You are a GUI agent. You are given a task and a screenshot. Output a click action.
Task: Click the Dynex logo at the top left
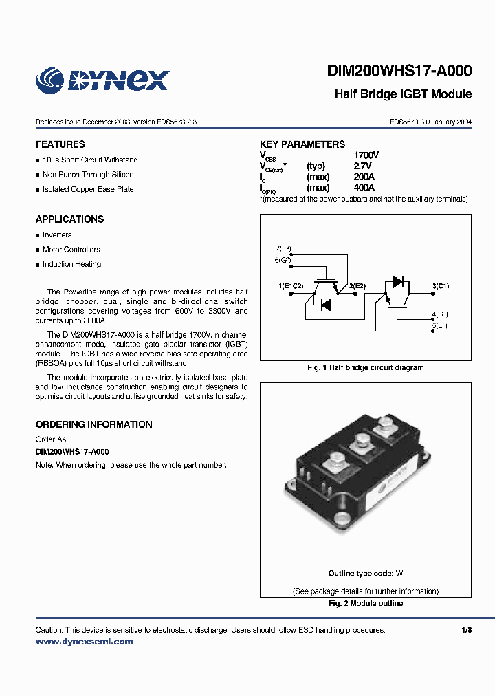click(x=102, y=80)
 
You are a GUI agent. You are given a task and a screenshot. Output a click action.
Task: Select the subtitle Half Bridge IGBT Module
click(x=403, y=94)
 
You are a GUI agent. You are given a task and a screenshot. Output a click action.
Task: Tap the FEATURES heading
click(x=60, y=144)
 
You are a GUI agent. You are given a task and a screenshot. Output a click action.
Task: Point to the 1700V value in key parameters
click(x=366, y=155)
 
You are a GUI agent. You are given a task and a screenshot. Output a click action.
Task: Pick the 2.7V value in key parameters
click(x=362, y=166)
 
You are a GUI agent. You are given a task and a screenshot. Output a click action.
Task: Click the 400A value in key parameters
click(x=364, y=188)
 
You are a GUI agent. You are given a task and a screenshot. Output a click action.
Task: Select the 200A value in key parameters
click(x=364, y=177)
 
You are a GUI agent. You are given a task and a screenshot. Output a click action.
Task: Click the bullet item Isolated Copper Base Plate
click(x=88, y=189)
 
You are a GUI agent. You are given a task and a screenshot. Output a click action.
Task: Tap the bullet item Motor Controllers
click(x=71, y=250)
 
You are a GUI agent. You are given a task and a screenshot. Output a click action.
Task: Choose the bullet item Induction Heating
click(x=71, y=264)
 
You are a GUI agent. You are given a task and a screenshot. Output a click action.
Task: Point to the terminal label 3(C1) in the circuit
click(x=440, y=285)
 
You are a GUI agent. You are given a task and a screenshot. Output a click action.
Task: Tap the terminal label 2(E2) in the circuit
click(x=357, y=285)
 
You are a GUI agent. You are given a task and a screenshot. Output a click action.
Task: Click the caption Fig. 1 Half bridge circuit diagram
click(x=365, y=368)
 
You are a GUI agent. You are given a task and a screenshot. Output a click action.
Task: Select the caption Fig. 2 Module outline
click(x=366, y=604)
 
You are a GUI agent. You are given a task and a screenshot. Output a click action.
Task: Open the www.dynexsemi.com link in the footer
click(x=84, y=642)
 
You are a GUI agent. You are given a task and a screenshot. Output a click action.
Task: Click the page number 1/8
click(x=467, y=630)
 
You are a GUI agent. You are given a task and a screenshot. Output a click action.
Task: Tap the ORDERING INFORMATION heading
click(x=94, y=424)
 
